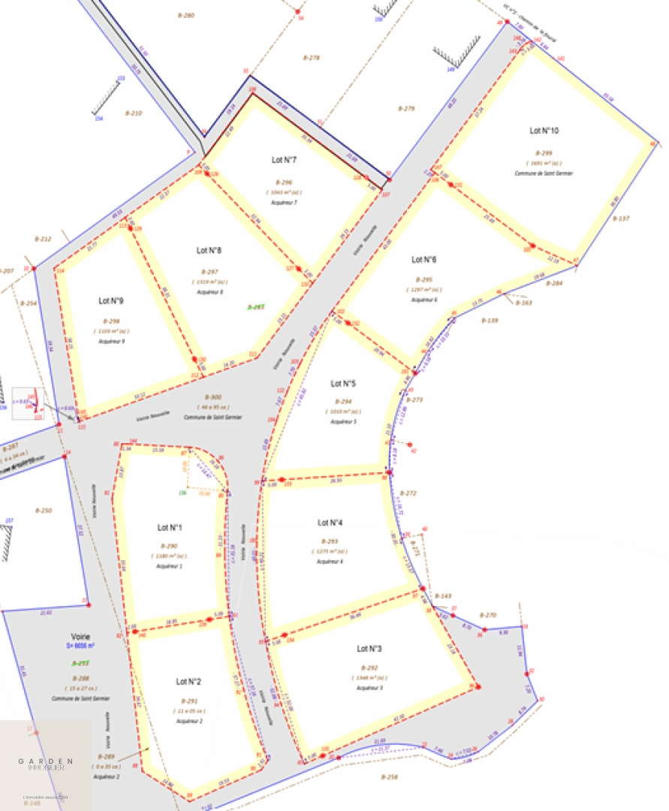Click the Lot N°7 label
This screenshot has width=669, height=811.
click(x=284, y=160)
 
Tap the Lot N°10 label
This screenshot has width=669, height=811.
click(x=544, y=131)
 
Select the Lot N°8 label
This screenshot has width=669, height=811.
click(x=209, y=250)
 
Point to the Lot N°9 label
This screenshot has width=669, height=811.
click(x=110, y=300)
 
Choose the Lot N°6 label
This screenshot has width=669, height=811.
click(x=423, y=260)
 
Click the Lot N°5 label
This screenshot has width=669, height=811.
click(x=343, y=383)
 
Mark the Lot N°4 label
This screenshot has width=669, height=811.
click(x=330, y=523)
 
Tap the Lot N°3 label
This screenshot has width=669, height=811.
click(x=369, y=648)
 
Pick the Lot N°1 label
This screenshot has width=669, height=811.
click(x=170, y=526)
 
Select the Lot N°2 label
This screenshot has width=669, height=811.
click(x=188, y=682)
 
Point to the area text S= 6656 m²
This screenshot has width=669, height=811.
click(x=80, y=645)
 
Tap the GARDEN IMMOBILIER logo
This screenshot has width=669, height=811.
click(x=46, y=764)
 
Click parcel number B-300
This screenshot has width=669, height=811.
click(x=213, y=396)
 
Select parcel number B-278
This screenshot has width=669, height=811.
click(x=311, y=58)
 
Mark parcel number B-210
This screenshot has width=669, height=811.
click(x=133, y=113)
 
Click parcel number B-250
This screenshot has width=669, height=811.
click(x=44, y=511)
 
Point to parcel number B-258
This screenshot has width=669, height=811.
click(x=389, y=776)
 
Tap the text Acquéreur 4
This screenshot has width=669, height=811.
click(x=330, y=561)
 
